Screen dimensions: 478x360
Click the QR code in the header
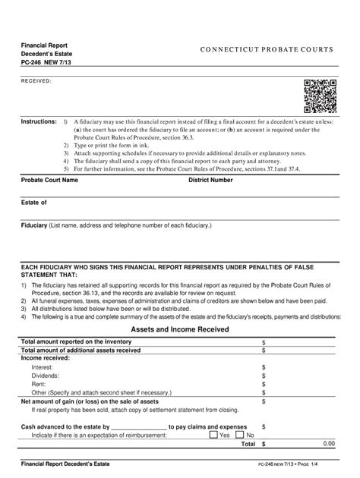(320, 96)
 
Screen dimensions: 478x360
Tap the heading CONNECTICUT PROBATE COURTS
(266, 50)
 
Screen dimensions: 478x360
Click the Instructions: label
(39, 121)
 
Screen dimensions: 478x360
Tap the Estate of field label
(34, 203)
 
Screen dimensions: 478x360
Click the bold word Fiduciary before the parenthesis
(34, 225)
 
